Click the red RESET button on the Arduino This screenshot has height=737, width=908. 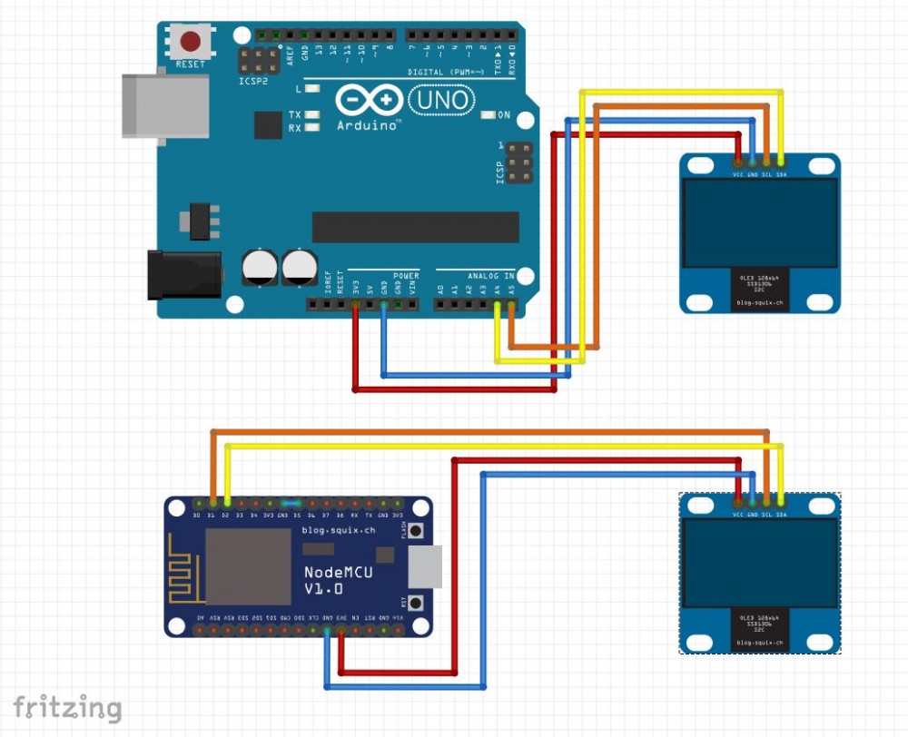tap(191, 42)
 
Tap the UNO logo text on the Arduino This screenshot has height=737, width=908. tap(441, 100)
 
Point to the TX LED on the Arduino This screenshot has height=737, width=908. tap(312, 115)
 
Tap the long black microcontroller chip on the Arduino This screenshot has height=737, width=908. tap(415, 227)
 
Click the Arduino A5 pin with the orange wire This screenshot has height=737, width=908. tap(512, 306)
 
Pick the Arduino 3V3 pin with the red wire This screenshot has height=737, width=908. tap(355, 306)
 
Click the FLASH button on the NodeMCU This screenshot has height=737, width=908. tap(417, 530)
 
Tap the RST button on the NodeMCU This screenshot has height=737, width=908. tap(417, 602)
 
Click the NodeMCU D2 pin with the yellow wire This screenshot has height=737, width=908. tap(227, 502)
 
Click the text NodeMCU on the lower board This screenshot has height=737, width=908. tap(337, 572)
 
